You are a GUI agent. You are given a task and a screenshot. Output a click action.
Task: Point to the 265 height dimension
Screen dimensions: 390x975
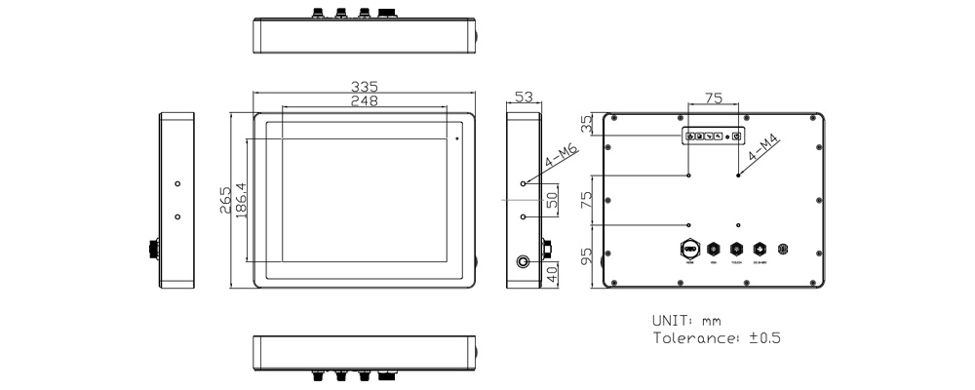pos(225,199)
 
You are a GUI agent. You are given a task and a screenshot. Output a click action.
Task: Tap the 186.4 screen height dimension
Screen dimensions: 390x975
pos(240,199)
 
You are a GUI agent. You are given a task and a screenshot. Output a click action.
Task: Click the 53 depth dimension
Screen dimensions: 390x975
pos(524,97)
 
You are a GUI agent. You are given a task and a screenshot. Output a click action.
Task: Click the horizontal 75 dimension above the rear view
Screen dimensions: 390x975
pos(713,97)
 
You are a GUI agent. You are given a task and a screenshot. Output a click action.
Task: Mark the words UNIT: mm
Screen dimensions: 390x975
pos(686,320)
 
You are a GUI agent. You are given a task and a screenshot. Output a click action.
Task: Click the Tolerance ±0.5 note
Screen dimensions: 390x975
pos(716,338)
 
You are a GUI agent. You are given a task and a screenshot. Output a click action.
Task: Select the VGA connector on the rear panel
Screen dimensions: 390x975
pos(713,250)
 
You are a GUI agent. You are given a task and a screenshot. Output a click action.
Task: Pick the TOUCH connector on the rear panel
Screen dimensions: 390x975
pos(736,250)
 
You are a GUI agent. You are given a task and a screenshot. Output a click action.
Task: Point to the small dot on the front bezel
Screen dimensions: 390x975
pos(457,138)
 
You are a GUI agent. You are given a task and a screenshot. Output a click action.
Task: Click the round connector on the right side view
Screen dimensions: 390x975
pos(525,262)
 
